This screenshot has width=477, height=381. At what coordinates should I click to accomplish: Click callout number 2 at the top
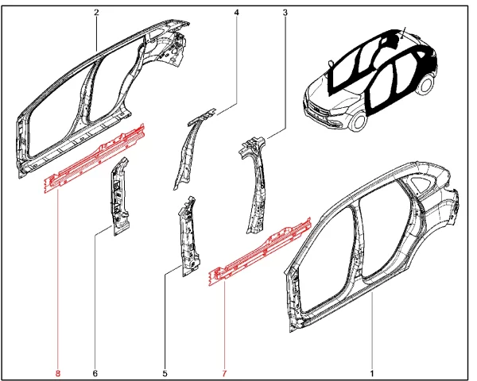click(96, 13)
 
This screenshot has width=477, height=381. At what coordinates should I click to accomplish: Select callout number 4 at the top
click(237, 13)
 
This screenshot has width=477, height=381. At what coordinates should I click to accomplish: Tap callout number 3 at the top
click(285, 13)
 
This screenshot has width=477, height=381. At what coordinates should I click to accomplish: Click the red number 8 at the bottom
click(58, 373)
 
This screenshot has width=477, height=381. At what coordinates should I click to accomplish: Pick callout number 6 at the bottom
click(95, 373)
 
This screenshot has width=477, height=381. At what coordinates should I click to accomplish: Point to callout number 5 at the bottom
click(165, 373)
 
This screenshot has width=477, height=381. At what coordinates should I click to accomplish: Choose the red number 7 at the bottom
click(224, 373)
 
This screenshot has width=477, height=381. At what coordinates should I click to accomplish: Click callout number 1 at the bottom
click(372, 373)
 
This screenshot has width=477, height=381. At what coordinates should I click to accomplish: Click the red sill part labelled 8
click(95, 158)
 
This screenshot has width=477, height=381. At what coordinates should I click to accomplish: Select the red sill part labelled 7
click(259, 252)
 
